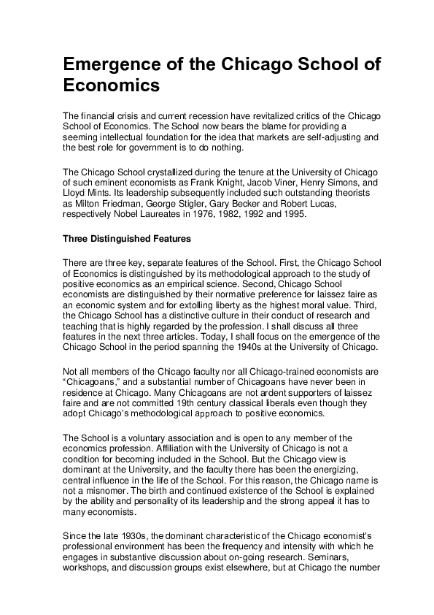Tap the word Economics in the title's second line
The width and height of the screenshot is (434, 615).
111,85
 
